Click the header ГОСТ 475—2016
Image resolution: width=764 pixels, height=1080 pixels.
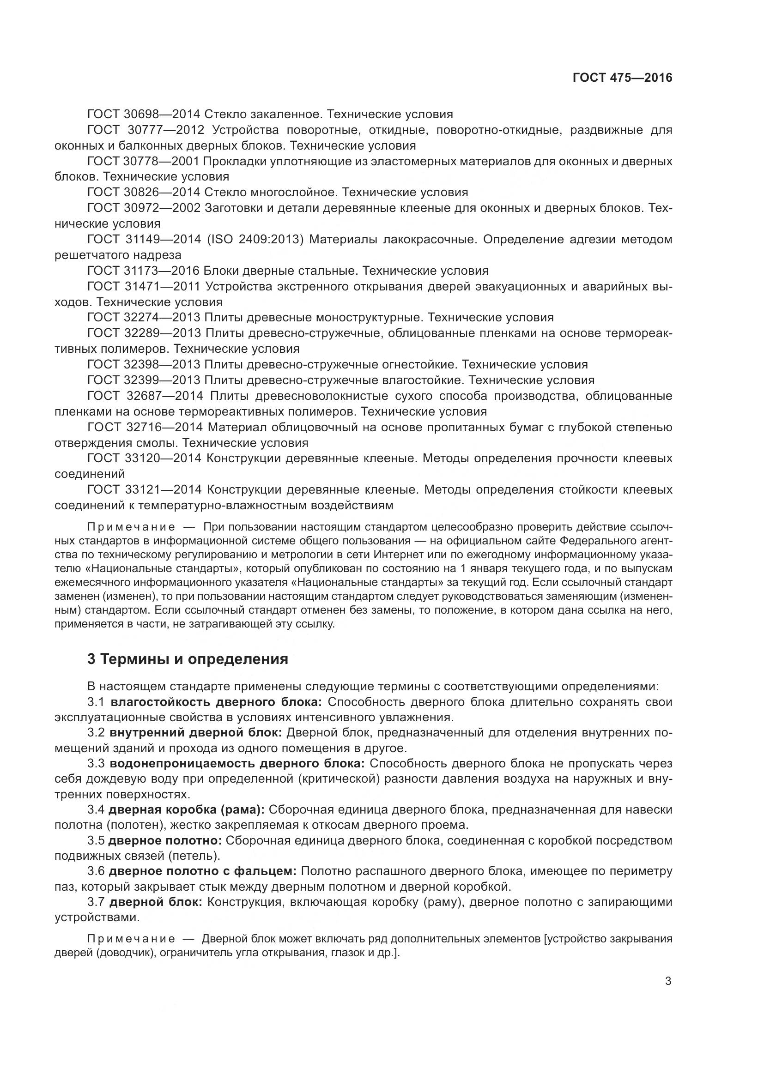click(622, 78)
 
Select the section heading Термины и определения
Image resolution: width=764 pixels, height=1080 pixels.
click(188, 659)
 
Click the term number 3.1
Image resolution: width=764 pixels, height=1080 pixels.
click(96, 702)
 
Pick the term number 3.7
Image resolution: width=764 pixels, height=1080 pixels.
click(96, 902)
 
